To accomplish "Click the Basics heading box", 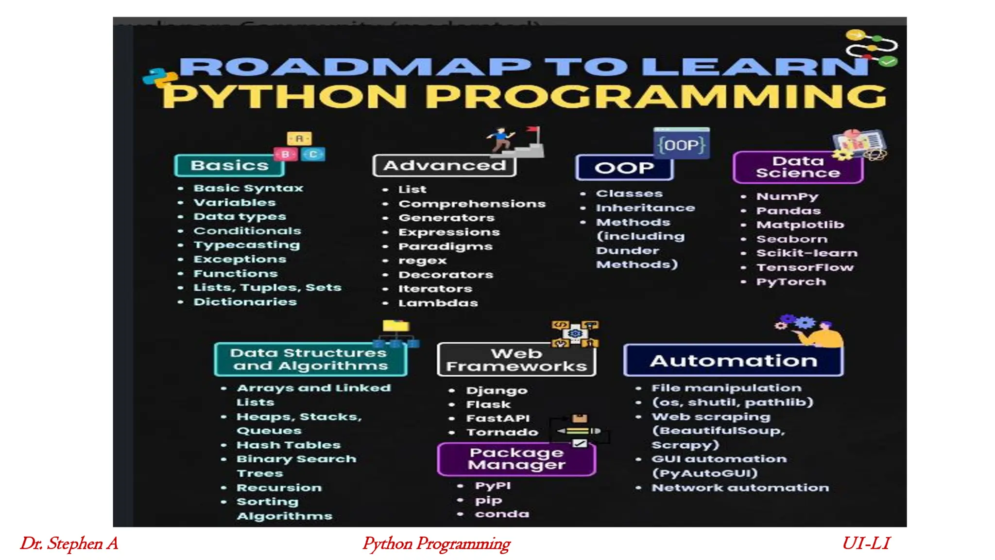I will coord(229,166).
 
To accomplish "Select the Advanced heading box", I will coord(444,166).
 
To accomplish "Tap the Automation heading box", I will coord(733,361).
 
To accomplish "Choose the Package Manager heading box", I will coord(516,459).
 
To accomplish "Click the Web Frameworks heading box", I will coord(516,360).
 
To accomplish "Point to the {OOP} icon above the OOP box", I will coord(681,145).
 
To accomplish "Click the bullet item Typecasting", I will coord(246,245).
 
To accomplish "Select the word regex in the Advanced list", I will coord(422,261).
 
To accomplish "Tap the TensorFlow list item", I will coord(805,267).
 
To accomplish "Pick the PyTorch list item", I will coord(791,282).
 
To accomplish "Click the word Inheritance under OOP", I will coord(645,208).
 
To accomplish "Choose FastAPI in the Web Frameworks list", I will coord(497,419).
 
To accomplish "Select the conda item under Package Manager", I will coord(502,514).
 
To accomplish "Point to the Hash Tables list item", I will coord(288,445).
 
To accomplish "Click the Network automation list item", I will coord(740,488).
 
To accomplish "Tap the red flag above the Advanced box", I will coord(533,130).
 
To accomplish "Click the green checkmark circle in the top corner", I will coord(888,62).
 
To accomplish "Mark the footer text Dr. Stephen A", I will coord(69,543).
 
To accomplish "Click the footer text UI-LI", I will coord(866,543).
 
